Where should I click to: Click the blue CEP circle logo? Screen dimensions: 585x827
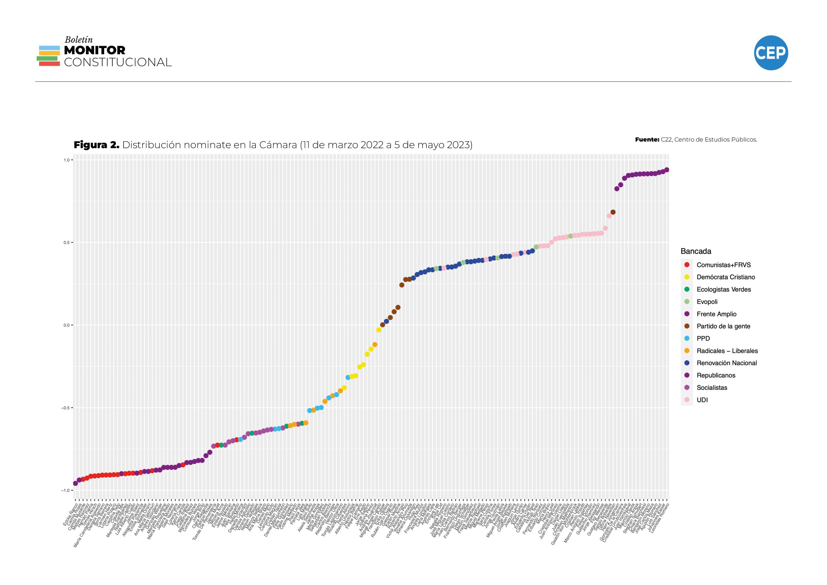(x=771, y=53)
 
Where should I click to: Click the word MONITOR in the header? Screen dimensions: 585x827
(x=94, y=50)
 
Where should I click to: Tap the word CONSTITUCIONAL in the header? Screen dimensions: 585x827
(x=118, y=62)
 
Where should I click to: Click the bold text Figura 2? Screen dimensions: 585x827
(x=96, y=145)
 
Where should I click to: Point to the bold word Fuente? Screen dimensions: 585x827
(x=647, y=140)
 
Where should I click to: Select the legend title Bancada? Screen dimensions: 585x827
(x=696, y=251)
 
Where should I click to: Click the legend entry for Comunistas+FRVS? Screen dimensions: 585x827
(x=723, y=265)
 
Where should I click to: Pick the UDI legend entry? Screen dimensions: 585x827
(x=702, y=400)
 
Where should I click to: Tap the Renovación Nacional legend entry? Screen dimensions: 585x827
(x=726, y=363)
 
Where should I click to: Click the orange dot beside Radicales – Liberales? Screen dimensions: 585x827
(x=687, y=351)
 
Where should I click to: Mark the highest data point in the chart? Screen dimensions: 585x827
(x=667, y=170)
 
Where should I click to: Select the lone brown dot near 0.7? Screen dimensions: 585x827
(x=613, y=212)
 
